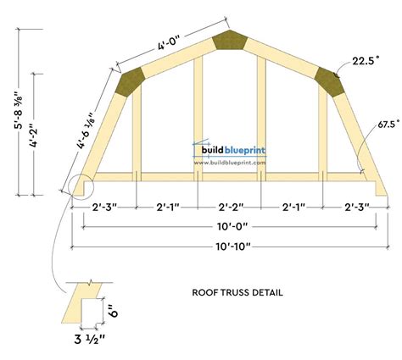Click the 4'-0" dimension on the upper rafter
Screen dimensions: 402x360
coord(169,42)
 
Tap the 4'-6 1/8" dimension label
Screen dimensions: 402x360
coord(85,130)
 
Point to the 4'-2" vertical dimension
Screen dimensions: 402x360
coord(34,135)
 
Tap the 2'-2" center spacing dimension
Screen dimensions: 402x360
coord(231,208)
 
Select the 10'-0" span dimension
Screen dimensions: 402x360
coord(232,226)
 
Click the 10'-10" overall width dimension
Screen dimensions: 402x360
coord(233,246)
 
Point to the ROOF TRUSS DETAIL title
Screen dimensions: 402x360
coord(237,292)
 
